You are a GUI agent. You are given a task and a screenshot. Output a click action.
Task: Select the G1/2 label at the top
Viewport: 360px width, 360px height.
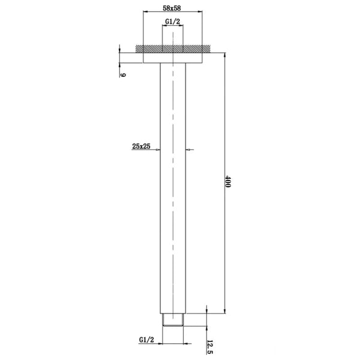click(x=173, y=23)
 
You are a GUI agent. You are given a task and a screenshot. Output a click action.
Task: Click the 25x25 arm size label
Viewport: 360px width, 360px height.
click(x=142, y=145)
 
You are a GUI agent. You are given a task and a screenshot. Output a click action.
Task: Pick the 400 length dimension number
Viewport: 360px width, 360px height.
click(x=229, y=183)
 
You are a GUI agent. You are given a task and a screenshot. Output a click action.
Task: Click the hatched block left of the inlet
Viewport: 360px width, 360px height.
click(x=149, y=47)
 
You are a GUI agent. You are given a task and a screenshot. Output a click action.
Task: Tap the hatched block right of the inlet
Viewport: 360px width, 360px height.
click(x=196, y=47)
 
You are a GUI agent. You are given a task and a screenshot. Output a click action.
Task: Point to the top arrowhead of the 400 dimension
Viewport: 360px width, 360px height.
click(x=223, y=55)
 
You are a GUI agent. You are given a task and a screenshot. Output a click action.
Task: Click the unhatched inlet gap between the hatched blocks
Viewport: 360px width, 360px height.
click(x=173, y=47)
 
